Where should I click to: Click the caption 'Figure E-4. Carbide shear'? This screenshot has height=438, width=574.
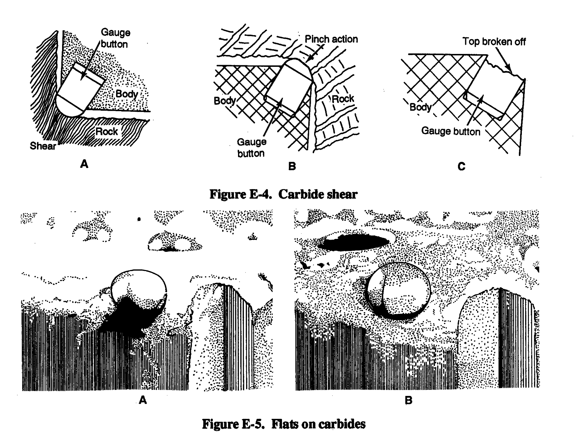283,194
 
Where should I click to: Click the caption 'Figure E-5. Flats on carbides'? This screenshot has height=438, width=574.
283,424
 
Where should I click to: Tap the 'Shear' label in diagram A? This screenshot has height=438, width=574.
43,146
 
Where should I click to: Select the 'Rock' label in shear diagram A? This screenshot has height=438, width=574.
107,131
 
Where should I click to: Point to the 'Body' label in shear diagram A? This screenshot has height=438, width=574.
127,94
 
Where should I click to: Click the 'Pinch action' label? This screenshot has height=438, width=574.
331,39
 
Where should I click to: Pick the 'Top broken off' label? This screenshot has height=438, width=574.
494,41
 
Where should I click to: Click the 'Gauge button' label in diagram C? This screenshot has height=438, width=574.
451,131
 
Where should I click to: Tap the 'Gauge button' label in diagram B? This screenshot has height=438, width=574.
251,148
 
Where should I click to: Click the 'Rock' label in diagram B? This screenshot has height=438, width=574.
343,99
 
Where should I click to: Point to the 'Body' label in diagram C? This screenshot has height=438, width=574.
421,107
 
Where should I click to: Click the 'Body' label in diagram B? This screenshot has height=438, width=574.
225,100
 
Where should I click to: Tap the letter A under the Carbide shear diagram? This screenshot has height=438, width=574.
84,164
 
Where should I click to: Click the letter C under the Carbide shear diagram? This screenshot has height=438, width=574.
461,167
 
